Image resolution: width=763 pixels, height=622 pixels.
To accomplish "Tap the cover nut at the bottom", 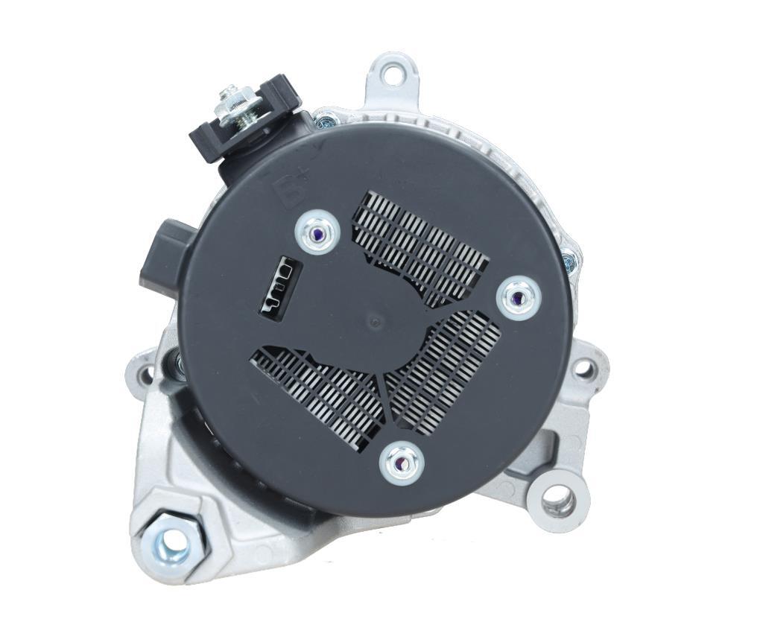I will pos(401,463).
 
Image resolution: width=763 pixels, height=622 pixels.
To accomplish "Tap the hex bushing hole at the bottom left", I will pos(174,546).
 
